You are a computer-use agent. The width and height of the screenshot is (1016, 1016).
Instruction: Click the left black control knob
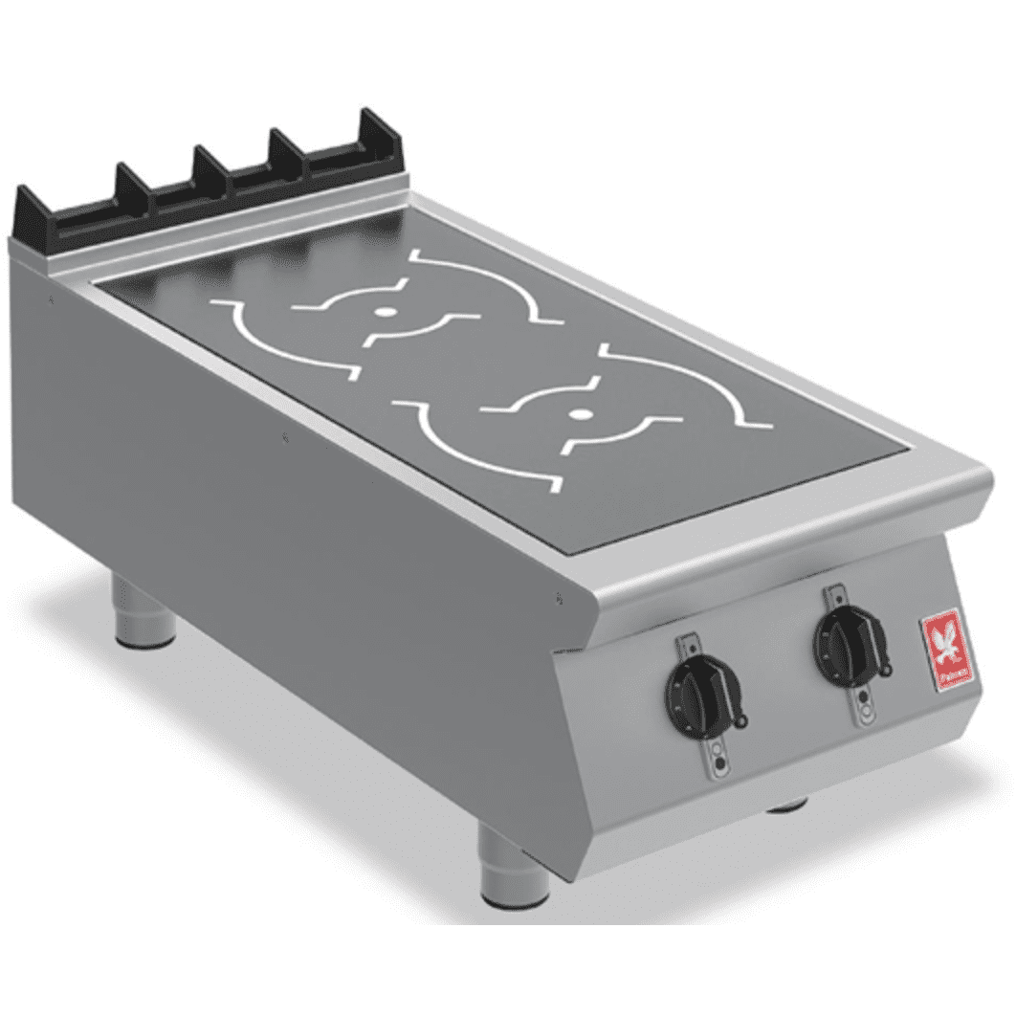pyautogui.click(x=701, y=690)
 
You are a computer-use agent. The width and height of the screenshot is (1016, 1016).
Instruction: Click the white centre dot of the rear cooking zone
pyautogui.click(x=384, y=312)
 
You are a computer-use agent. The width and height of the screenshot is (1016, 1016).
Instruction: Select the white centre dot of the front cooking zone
pyautogui.click(x=578, y=414)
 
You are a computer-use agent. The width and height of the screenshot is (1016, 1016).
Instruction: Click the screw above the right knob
pyautogui.click(x=828, y=590)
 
